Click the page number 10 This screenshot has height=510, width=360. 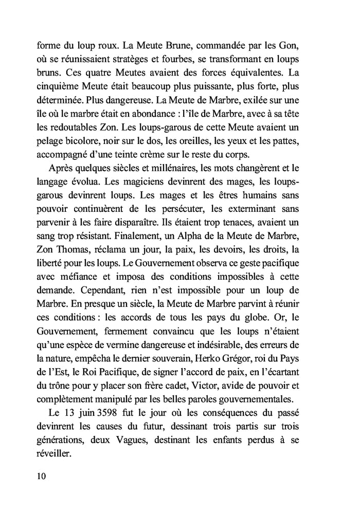(x=41, y=476)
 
